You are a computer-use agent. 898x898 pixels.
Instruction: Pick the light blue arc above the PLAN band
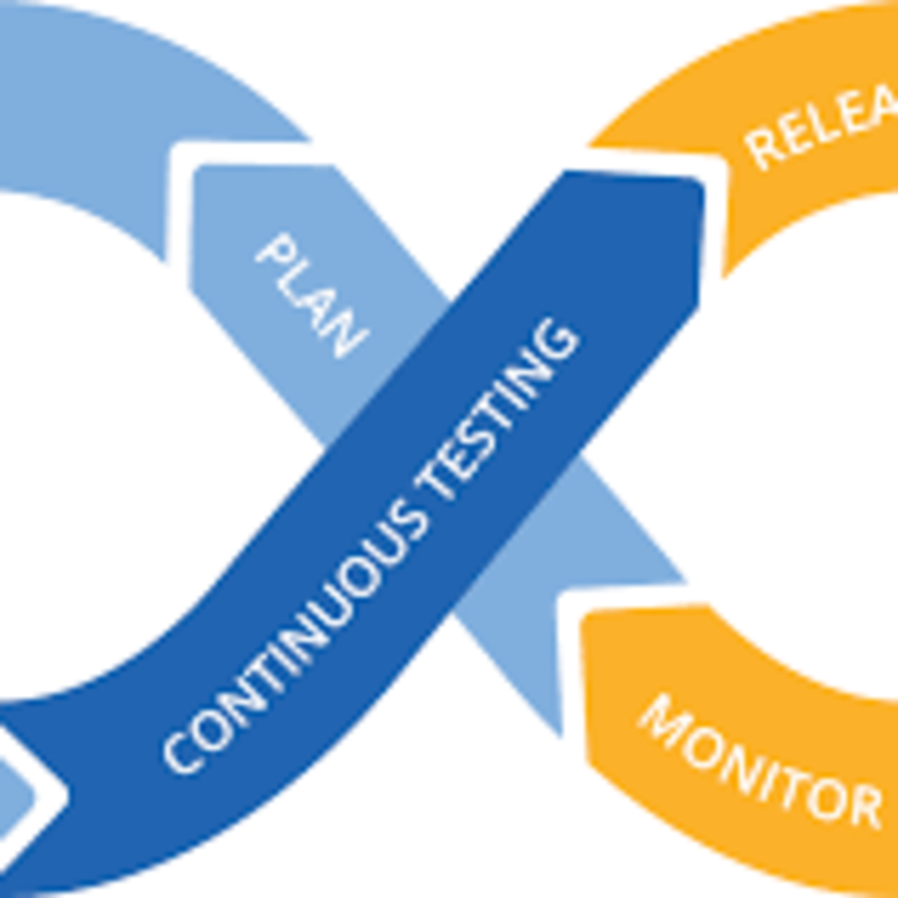click(139, 93)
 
